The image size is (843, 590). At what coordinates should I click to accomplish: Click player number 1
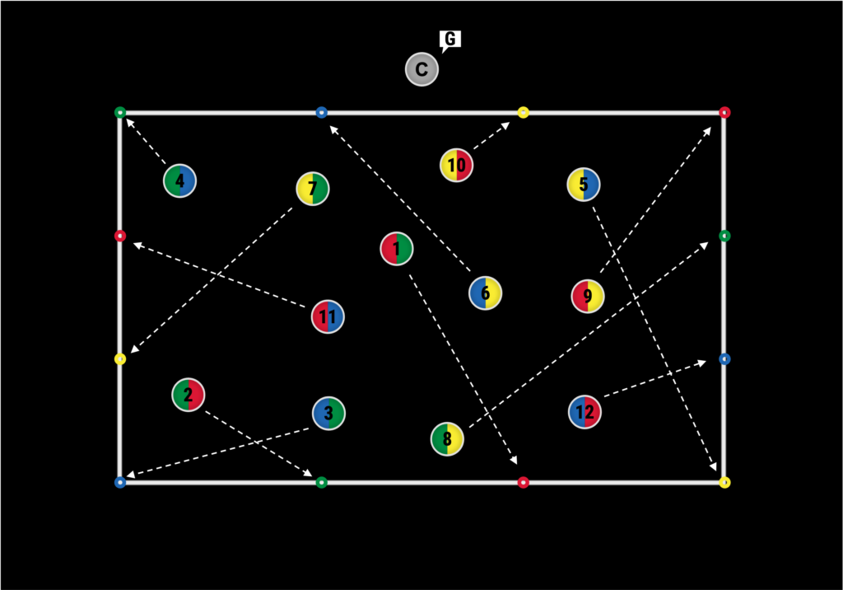click(x=397, y=248)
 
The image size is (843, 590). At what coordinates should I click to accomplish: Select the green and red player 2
click(x=189, y=395)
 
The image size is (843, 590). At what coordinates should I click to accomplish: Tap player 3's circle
click(x=328, y=413)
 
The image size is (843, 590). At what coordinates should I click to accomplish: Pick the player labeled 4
click(x=179, y=180)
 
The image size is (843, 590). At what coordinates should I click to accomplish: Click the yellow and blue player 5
click(x=584, y=184)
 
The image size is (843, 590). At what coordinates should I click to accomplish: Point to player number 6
click(x=486, y=293)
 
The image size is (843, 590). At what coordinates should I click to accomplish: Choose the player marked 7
click(x=313, y=189)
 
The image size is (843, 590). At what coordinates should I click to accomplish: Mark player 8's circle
click(x=447, y=438)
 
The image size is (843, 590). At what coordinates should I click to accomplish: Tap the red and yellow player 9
click(x=588, y=296)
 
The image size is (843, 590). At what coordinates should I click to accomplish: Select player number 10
click(x=456, y=165)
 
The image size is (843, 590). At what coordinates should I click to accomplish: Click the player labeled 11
click(x=328, y=316)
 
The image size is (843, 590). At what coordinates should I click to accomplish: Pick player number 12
click(x=585, y=411)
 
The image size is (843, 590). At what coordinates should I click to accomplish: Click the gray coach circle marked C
click(x=421, y=69)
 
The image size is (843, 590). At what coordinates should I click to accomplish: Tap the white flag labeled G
click(x=450, y=39)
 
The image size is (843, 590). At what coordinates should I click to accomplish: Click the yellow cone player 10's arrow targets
click(x=523, y=112)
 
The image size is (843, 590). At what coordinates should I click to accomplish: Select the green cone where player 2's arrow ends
click(x=322, y=482)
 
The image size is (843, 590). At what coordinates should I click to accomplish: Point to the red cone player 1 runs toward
click(x=523, y=482)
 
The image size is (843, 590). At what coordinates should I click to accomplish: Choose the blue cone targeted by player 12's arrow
click(x=724, y=358)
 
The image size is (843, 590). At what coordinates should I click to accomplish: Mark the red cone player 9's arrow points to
click(x=724, y=112)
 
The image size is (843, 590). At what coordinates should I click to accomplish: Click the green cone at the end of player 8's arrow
click(x=724, y=236)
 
